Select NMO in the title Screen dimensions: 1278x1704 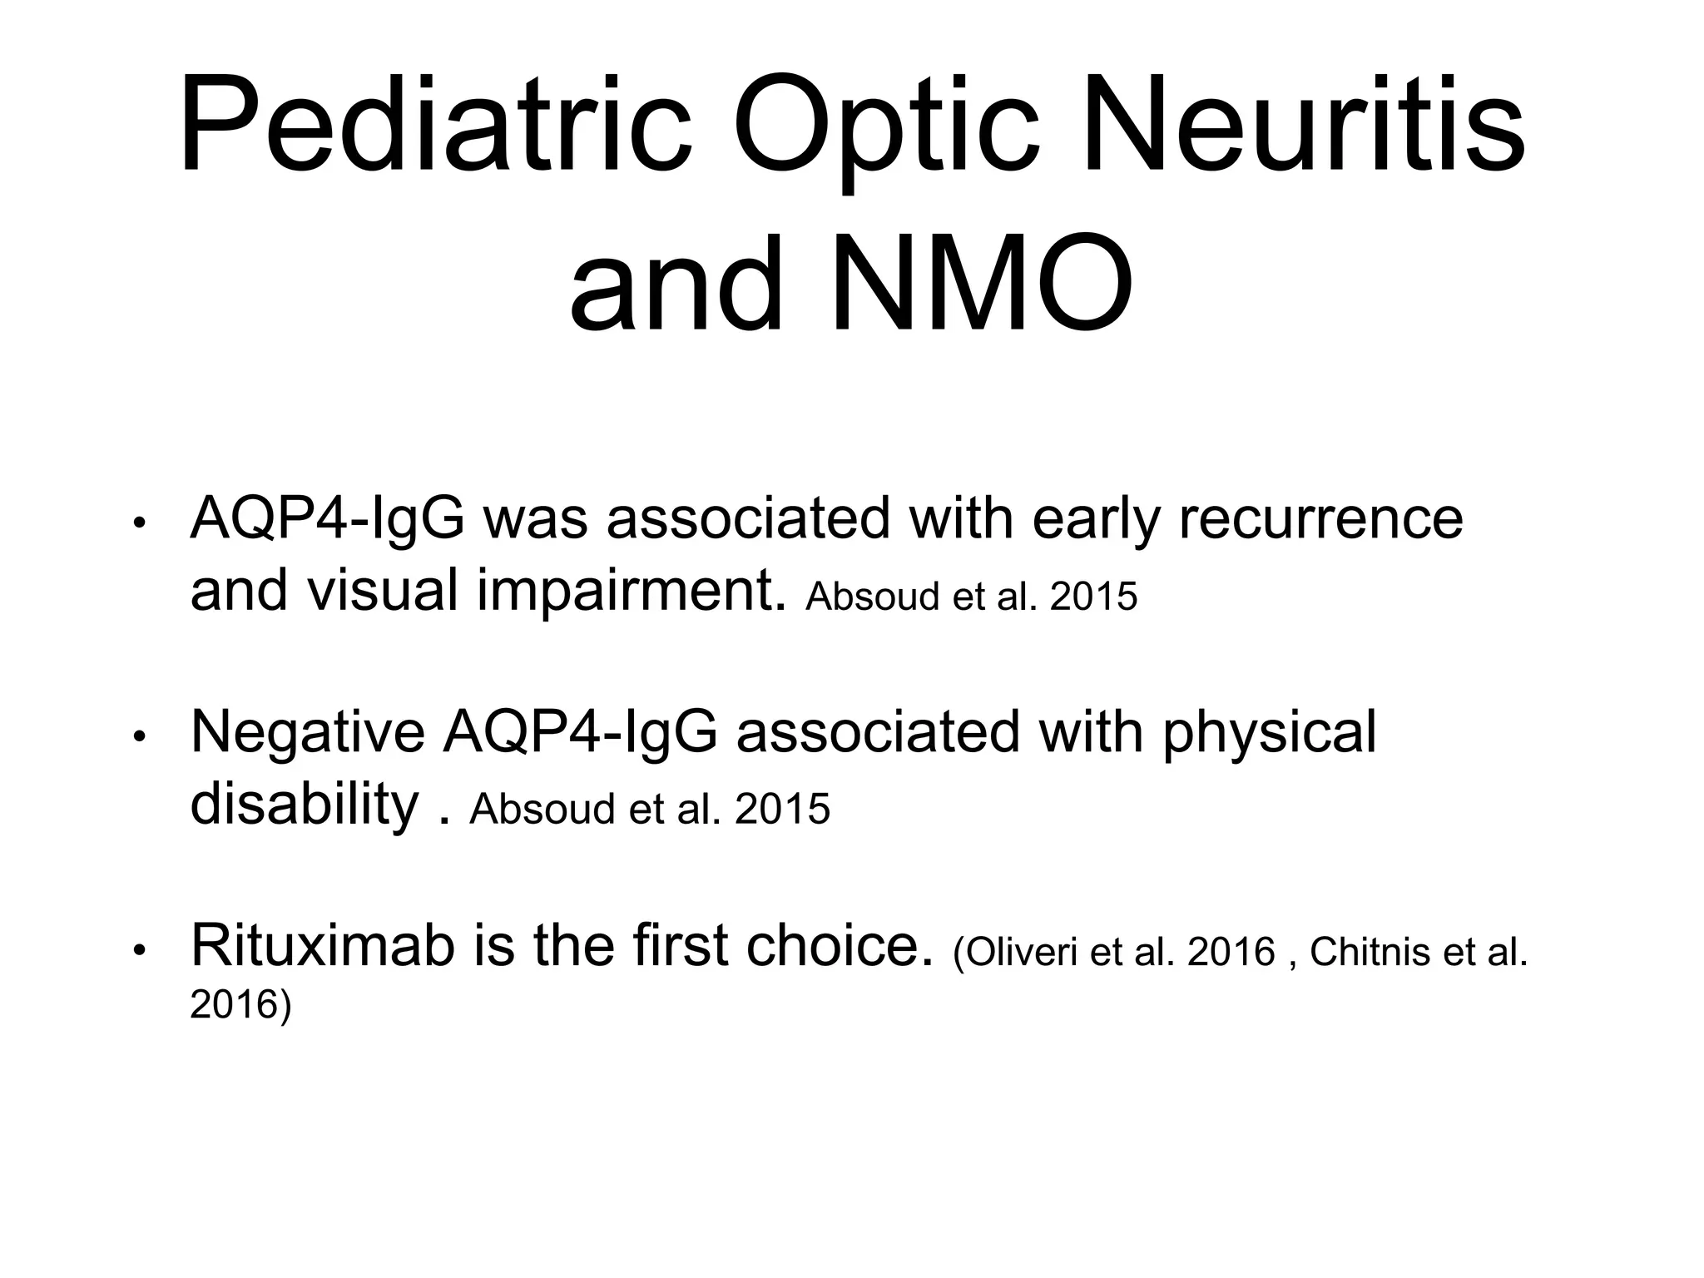click(x=982, y=283)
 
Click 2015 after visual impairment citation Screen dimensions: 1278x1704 click(x=1093, y=596)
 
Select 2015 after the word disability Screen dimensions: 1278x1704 click(x=782, y=809)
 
